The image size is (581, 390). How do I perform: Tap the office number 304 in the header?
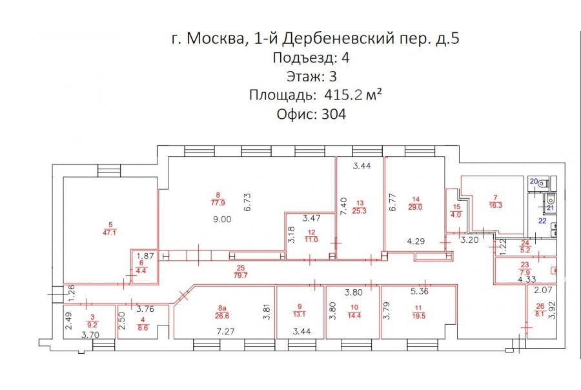pos(334,114)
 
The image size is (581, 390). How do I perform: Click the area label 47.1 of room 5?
pos(110,233)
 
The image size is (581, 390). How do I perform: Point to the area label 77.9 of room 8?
pos(218,203)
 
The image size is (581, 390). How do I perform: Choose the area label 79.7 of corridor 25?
pos(241,276)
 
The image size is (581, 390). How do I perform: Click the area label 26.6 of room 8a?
pos(222,316)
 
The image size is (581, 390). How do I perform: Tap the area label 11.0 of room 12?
pos(311,240)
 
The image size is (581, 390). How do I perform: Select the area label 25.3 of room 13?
pos(360,211)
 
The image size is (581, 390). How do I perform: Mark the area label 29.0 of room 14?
pos(415,207)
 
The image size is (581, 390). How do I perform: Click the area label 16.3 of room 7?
pos(495,205)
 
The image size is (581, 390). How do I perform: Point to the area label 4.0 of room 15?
pos(456,214)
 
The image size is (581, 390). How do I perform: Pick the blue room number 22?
pos(542,221)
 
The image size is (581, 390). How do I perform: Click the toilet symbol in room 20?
pos(543,182)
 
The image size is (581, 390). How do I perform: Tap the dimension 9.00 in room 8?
pos(222,219)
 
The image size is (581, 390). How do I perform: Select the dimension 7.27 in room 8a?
pos(225,331)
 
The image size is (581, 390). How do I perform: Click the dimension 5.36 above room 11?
pos(419,291)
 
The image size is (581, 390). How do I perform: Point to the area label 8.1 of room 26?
pos(540,314)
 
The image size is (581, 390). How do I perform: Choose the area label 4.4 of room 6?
pos(141,271)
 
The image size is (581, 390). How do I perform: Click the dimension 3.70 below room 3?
pos(90,335)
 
